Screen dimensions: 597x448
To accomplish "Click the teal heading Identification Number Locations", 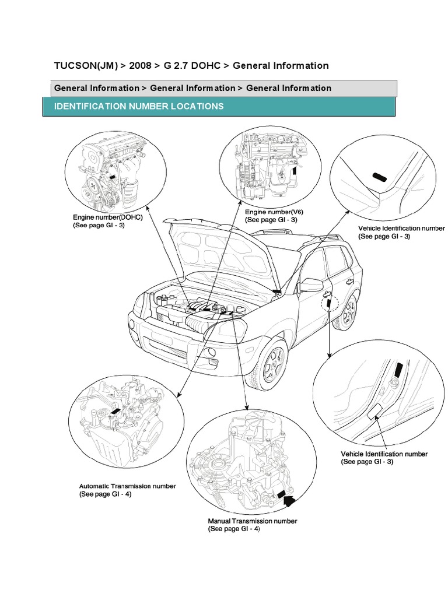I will pos(138,107).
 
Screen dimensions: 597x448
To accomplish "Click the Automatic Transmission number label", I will pos(128,486).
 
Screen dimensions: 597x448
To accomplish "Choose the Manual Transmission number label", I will pos(253,521).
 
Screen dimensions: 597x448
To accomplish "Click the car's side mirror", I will pos(311,285).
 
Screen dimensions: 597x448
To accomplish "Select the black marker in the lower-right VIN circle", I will pos(398,369).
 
